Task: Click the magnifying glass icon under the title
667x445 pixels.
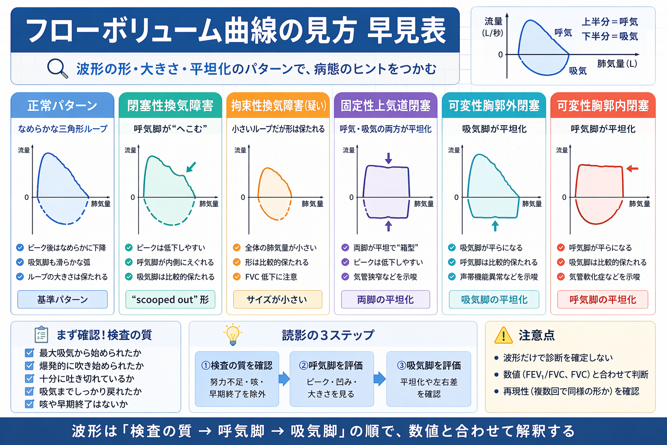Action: (x=57, y=68)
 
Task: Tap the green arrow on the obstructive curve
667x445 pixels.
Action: (x=191, y=167)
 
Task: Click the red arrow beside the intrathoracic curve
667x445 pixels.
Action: (x=632, y=168)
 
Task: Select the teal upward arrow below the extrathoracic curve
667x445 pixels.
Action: (x=495, y=226)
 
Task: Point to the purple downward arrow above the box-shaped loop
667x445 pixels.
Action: (x=388, y=158)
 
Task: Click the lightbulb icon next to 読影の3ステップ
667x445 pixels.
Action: (x=233, y=334)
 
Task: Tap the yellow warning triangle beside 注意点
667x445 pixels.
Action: (x=503, y=335)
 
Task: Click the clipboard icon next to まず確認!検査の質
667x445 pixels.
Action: (x=41, y=335)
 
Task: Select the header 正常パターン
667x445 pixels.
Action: (x=63, y=106)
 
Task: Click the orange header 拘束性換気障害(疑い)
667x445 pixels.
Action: (x=278, y=106)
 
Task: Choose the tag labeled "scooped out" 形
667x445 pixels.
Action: (x=170, y=299)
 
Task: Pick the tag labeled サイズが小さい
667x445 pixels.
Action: (x=277, y=299)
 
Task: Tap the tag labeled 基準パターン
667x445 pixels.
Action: (x=63, y=299)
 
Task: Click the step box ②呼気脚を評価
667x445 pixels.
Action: (x=331, y=379)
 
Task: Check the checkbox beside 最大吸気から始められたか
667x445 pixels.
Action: (x=30, y=353)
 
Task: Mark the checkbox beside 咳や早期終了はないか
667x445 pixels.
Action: (x=30, y=404)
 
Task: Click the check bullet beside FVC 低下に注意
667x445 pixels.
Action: (x=237, y=277)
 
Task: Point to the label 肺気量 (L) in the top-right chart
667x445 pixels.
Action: (x=617, y=64)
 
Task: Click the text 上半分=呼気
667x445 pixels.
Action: (x=610, y=22)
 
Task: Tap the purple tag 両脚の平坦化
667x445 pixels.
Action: (x=385, y=299)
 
